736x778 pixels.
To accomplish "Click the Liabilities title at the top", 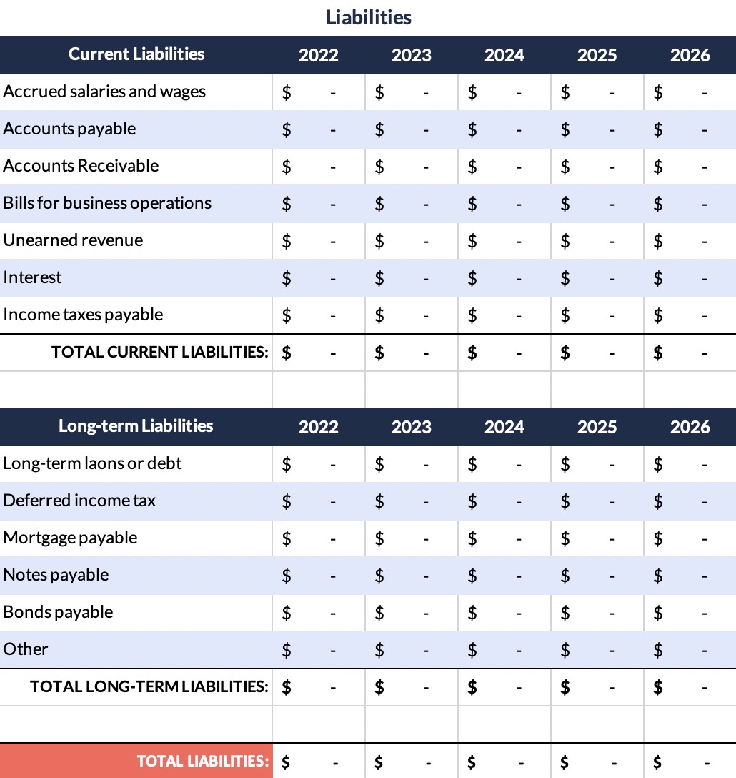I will (x=369, y=17).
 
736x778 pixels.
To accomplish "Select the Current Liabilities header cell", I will (x=136, y=54).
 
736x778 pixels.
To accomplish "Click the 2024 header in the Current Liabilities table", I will (x=504, y=55).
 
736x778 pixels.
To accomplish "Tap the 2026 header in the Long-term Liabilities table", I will (x=690, y=427).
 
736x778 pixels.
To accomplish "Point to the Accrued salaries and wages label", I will (x=104, y=92).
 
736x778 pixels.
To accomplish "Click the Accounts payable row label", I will (x=69, y=129).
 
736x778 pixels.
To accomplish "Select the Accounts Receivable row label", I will (x=81, y=166).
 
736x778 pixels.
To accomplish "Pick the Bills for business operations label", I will (x=107, y=203).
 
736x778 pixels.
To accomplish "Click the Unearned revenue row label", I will (x=73, y=240).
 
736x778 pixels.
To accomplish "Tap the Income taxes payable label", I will (x=83, y=315).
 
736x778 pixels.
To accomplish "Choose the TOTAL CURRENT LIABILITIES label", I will (x=160, y=352).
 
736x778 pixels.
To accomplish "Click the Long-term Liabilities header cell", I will (x=136, y=426).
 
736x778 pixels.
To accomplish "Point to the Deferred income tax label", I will (x=79, y=501).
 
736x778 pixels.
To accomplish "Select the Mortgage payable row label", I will (x=70, y=538).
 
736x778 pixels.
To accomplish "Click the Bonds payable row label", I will (x=58, y=612).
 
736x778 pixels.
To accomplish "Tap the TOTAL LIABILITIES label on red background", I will (x=203, y=761).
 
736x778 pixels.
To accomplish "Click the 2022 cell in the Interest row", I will (x=318, y=277).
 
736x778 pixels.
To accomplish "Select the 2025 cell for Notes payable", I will (x=597, y=575).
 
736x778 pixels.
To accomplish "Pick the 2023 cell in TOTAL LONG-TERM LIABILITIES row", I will (x=411, y=686).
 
